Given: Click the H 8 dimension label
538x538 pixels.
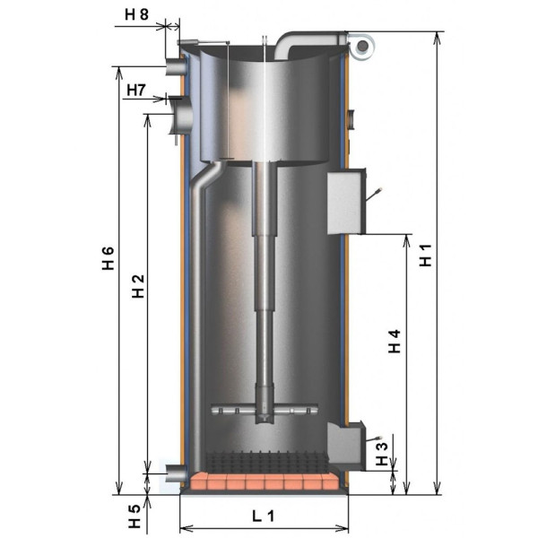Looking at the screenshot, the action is tap(136, 14).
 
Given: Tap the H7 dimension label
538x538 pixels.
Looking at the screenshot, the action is tap(136, 91).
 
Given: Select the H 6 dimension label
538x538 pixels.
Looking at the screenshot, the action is tap(108, 258).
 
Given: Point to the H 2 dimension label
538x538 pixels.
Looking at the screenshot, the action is tap(138, 286).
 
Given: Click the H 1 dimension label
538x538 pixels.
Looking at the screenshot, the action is tap(425, 256).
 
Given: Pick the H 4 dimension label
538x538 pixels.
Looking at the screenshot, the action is tap(395, 341).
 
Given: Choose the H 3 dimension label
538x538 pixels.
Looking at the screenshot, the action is tap(382, 454).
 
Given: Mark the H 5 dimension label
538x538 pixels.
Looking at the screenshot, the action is tap(134, 516).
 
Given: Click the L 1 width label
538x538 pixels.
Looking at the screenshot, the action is tap(263, 516).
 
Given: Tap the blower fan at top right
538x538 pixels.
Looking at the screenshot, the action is tap(360, 46).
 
